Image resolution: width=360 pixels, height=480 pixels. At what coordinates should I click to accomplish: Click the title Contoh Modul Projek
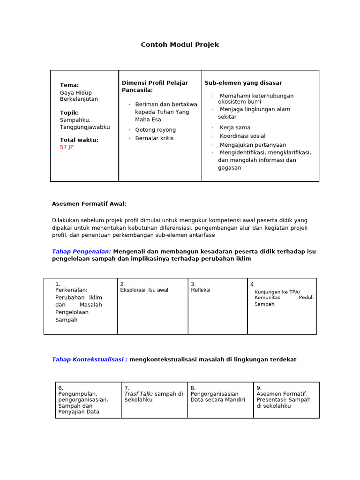tap(180, 45)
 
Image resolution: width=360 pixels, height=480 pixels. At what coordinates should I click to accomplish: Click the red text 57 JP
tap(67, 147)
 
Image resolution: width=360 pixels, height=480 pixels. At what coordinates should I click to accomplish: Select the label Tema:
tap(69, 85)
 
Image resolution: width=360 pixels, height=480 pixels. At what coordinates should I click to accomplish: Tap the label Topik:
tap(69, 112)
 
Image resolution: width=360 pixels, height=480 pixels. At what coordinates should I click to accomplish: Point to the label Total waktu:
tap(79, 140)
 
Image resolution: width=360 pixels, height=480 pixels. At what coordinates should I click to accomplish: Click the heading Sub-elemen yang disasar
tap(243, 83)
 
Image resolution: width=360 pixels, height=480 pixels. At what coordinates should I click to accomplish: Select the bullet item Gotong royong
tap(155, 130)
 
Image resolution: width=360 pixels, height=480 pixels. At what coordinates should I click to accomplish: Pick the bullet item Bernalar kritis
tap(154, 138)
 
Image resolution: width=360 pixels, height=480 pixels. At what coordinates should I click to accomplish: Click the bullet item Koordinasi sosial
tap(242, 136)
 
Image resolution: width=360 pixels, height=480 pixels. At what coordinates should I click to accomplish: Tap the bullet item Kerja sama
tap(235, 127)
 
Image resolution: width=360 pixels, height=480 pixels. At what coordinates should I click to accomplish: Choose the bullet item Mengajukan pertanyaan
tap(253, 145)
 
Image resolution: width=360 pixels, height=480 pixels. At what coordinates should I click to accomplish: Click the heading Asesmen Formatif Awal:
tap(89, 204)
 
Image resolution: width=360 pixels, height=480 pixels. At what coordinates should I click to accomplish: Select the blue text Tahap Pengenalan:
tap(81, 252)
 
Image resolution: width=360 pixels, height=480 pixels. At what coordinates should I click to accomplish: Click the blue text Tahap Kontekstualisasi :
tap(90, 360)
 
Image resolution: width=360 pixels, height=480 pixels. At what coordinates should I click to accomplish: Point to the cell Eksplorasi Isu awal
tap(144, 290)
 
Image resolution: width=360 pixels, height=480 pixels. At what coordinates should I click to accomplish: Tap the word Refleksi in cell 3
tap(201, 290)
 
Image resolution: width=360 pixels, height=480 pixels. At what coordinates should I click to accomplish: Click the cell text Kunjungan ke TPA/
tap(277, 292)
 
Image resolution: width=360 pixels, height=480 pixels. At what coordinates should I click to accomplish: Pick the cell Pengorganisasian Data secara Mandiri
tap(217, 397)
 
